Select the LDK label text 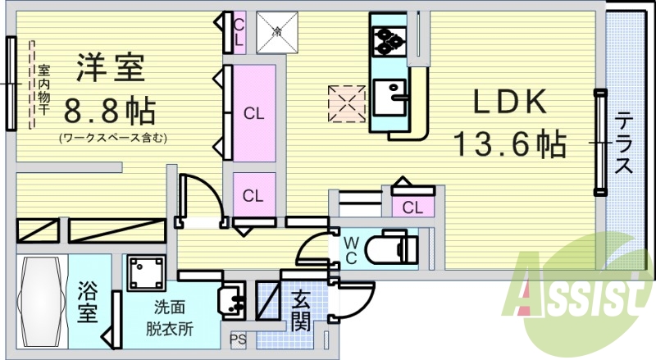[x=508, y=102]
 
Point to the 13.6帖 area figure [x=510, y=144]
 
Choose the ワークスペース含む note [x=112, y=137]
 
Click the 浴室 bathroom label [x=88, y=303]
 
